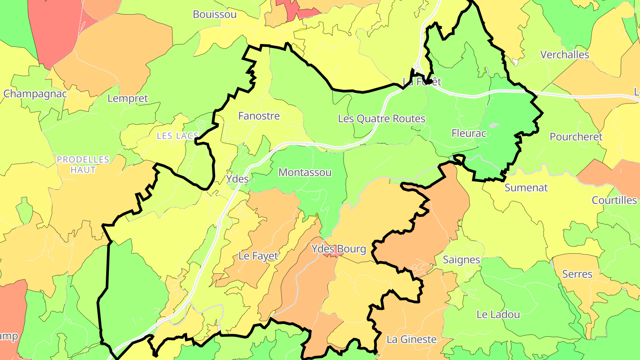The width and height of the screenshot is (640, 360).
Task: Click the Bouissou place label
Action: pos(215,14)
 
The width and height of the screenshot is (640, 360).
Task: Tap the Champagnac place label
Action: pos(35,94)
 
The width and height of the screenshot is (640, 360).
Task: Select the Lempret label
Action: pos(128,98)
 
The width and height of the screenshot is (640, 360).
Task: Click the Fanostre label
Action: pos(259,116)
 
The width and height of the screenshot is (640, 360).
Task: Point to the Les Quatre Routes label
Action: pos(381,119)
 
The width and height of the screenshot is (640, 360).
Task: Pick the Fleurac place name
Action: pos(469,133)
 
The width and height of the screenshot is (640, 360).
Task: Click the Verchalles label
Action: pos(564,55)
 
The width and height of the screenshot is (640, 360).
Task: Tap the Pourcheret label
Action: pos(576,137)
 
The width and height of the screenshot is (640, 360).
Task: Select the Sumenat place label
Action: pos(526,188)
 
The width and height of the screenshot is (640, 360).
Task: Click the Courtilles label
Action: pos(614,200)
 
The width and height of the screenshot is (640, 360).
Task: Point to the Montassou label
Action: pos(305,172)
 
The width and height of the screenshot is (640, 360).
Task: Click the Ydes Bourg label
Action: pos(339,249)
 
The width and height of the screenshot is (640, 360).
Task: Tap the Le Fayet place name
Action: pos(258,256)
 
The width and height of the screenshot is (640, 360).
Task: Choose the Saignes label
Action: pos(461,260)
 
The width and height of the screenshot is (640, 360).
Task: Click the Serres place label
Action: pos(577,274)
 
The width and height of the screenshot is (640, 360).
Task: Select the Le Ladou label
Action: pos(498,314)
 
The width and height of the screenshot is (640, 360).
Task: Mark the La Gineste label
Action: pos(412,340)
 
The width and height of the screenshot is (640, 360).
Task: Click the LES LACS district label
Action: pos(177,136)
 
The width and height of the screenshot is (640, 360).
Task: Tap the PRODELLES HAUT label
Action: pos(83,164)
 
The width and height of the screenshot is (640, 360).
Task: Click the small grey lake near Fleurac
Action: pos(494,125)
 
